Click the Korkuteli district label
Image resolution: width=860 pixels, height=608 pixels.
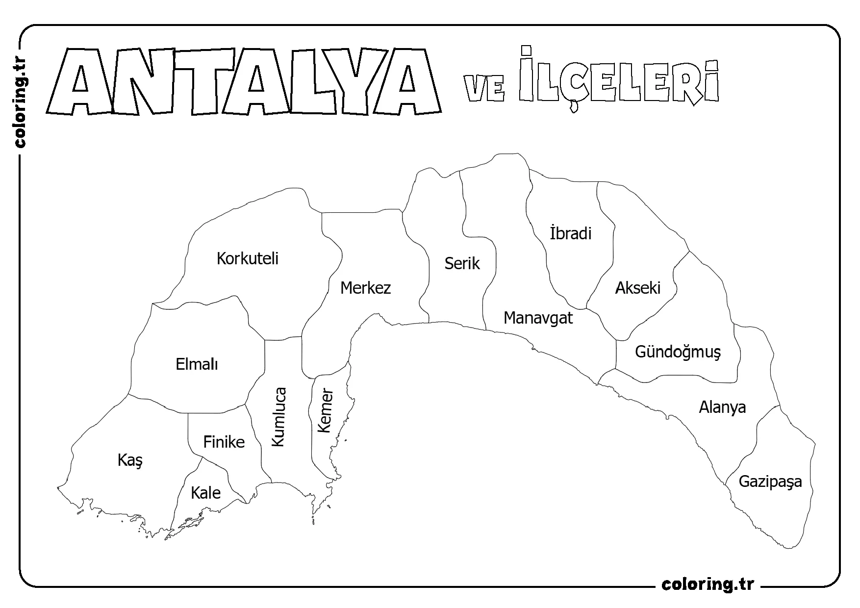[x=248, y=258]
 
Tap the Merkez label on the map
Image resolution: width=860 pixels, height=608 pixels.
[x=365, y=287]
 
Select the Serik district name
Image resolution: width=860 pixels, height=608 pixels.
[x=462, y=263]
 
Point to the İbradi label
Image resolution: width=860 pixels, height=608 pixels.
[x=571, y=233]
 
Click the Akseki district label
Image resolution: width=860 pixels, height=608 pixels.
[x=638, y=287]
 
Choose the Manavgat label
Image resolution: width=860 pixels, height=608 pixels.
[x=538, y=318]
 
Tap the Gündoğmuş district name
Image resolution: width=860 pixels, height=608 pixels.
[x=678, y=352]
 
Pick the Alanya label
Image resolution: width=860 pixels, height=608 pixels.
[x=722, y=407]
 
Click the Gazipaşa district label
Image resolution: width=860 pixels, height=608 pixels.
[x=770, y=481]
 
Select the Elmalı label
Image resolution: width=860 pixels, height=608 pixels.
[x=197, y=364]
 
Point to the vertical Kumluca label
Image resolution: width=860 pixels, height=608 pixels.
[x=278, y=417]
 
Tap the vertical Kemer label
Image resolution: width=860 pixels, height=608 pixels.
[x=325, y=411]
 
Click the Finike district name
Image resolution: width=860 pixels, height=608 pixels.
[x=224, y=442]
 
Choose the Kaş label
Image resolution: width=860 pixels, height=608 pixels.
[x=130, y=460]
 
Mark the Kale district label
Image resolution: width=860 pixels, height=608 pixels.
[x=205, y=493]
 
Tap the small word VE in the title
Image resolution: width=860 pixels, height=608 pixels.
[x=484, y=88]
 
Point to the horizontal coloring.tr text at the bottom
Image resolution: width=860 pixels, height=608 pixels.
[x=708, y=584]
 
